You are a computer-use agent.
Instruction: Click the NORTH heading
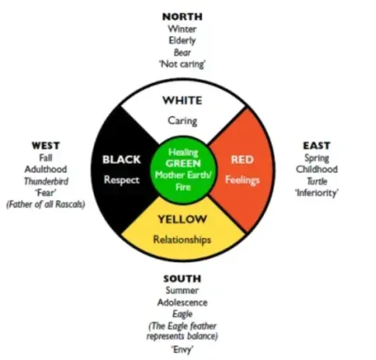click(x=183, y=16)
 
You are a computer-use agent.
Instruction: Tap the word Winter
click(x=183, y=29)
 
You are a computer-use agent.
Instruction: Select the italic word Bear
click(x=183, y=53)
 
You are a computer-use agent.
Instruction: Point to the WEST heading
click(x=45, y=146)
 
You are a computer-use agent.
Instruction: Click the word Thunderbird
click(x=46, y=181)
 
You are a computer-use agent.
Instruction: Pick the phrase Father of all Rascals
click(x=45, y=204)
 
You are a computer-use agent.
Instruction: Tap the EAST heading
click(x=316, y=146)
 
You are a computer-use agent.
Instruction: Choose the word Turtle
click(x=316, y=181)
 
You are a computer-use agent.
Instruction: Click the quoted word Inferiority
click(x=316, y=193)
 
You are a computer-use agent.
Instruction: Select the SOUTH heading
click(x=183, y=278)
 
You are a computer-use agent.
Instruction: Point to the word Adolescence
click(x=183, y=303)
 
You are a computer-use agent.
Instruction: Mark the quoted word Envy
click(x=183, y=349)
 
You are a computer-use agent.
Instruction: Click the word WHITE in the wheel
click(x=183, y=100)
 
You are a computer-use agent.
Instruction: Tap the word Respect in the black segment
click(x=121, y=180)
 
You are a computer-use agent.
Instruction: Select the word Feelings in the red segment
click(x=242, y=180)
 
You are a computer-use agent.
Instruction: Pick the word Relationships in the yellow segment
click(x=182, y=239)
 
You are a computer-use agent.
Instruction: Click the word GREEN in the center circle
click(x=183, y=163)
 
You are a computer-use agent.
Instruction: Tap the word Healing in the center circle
click(x=183, y=152)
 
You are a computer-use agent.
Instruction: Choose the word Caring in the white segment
click(x=183, y=121)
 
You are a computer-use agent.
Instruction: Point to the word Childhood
click(x=316, y=169)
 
